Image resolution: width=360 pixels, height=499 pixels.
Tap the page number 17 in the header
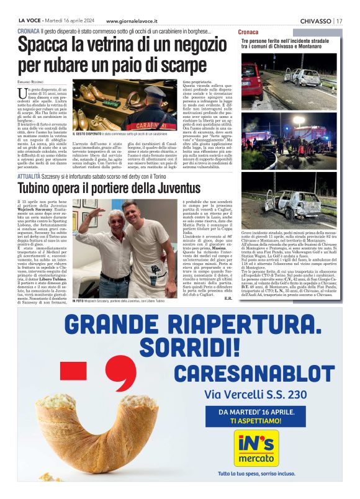point(339,20)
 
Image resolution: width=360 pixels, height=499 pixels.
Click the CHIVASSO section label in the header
point(315,20)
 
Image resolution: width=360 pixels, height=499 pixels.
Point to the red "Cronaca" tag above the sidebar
point(250,31)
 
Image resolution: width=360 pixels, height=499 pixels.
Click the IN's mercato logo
point(254,449)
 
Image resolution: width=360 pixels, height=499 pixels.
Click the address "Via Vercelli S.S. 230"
point(255,394)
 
